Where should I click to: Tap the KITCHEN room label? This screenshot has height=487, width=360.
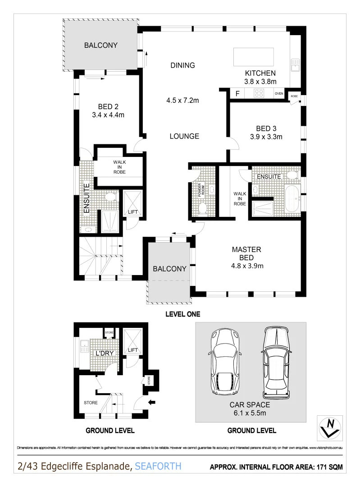tap(260, 73)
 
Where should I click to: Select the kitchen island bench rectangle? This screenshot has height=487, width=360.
tap(253, 57)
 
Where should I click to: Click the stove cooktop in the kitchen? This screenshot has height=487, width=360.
tap(259, 94)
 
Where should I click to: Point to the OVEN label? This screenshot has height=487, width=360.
tap(279, 94)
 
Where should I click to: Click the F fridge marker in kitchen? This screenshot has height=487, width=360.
tap(237, 94)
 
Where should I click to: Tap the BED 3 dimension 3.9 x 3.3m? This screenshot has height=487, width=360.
tap(266, 137)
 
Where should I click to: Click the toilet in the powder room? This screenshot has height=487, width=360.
tap(203, 208)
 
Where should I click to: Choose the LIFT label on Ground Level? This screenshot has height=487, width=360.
tap(132, 350)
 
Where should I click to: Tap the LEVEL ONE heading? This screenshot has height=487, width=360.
tap(182, 314)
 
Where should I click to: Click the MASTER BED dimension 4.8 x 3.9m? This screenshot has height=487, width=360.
tap(246, 266)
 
